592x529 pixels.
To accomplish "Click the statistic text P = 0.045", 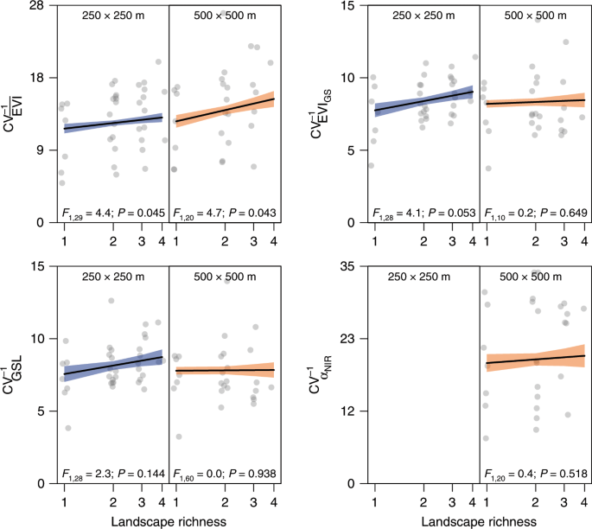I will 139,213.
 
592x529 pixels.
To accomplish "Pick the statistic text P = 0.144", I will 139,474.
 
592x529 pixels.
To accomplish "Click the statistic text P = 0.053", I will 449,213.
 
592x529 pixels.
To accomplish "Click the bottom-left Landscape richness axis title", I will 169,520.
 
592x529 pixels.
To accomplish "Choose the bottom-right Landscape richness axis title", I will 479,520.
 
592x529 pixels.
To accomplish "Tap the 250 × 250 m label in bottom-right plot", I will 423,277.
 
